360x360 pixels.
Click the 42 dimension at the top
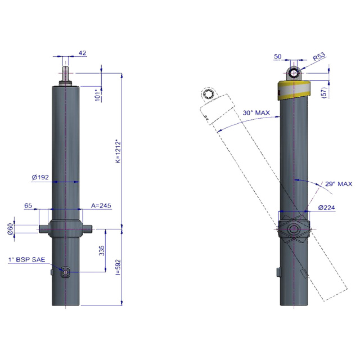[83, 53]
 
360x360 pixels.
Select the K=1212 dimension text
[118, 151]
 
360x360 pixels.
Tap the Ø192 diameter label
[40, 177]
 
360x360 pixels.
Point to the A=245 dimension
[101, 205]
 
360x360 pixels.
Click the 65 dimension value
[28, 205]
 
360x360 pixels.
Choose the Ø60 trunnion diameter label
[11, 229]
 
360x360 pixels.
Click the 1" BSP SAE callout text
[27, 260]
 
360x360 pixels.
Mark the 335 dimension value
[102, 250]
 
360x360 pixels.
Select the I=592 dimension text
[118, 267]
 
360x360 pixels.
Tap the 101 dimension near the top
[98, 95]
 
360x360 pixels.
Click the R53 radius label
[319, 56]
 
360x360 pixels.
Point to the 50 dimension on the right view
[277, 56]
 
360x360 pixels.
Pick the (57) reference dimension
[325, 92]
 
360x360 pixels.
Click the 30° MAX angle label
[256, 112]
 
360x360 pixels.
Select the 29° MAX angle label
[339, 184]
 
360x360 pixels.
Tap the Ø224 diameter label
[326, 208]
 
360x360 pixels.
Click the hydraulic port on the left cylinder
[65, 272]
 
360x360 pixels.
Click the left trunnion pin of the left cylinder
[44, 229]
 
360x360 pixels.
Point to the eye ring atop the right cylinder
[294, 74]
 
